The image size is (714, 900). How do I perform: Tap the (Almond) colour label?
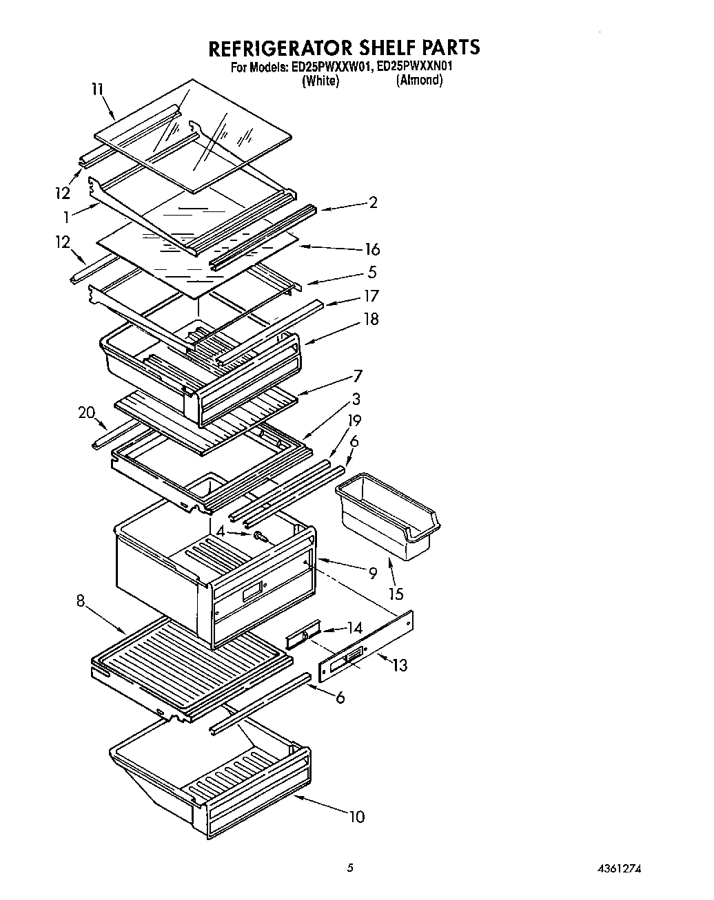coord(419,81)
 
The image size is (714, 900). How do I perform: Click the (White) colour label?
coord(320,81)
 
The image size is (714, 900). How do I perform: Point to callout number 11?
coord(97,89)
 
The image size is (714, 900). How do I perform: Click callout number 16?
coord(372,249)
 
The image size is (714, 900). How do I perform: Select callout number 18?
coord(371,320)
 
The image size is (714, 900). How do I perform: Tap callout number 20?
coord(86,412)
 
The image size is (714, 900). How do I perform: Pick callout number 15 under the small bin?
coord(396,594)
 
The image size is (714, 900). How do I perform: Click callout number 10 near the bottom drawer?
coord(356,817)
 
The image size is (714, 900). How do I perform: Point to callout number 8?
coord(81,600)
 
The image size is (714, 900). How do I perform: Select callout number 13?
coord(399,665)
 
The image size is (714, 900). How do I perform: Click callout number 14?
coord(354,627)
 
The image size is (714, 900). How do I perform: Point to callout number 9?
coord(373,572)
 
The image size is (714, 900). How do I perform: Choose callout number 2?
coord(373,202)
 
